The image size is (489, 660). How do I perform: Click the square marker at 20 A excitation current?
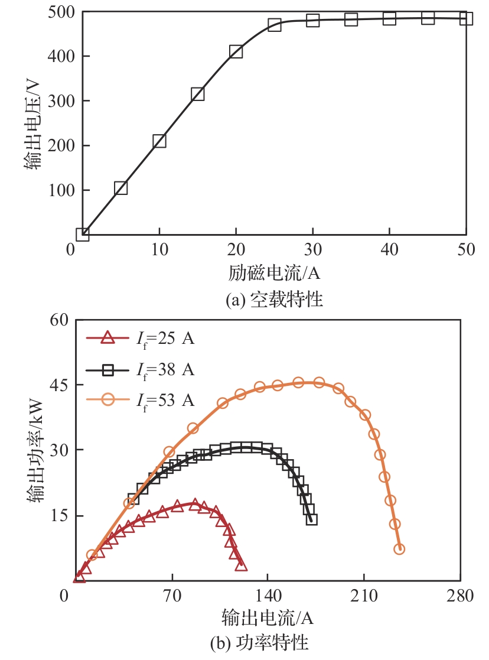(x=236, y=51)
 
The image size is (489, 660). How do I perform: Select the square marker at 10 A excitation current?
(x=159, y=141)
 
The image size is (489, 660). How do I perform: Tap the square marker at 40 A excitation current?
(x=389, y=18)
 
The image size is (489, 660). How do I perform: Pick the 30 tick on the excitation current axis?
(x=312, y=250)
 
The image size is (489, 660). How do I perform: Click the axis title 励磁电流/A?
(x=274, y=274)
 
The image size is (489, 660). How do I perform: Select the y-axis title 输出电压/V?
(x=32, y=123)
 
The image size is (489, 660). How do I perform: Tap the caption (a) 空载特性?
(x=275, y=300)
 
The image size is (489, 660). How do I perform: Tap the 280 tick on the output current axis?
(x=460, y=596)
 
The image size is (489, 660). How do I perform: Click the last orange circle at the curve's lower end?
(x=399, y=549)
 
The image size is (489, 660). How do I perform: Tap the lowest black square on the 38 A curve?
(x=312, y=519)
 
